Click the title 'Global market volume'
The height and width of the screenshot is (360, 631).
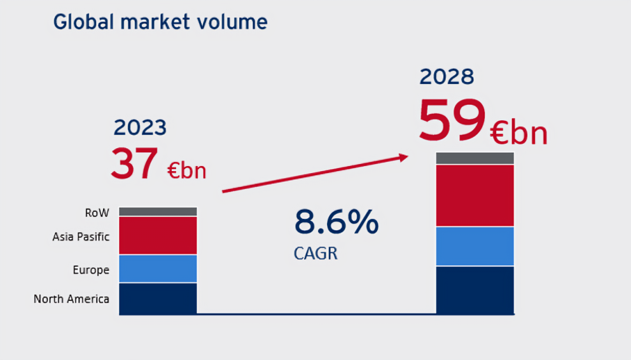tap(160, 22)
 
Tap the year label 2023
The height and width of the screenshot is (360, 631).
tap(140, 128)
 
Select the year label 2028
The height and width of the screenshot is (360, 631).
tap(447, 77)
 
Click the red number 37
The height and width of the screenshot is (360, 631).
tap(134, 163)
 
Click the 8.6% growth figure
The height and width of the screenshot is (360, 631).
tap(336, 223)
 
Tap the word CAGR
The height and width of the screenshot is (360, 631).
tap(315, 254)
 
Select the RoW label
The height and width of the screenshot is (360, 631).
tap(97, 212)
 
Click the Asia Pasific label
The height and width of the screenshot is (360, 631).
tap(81, 237)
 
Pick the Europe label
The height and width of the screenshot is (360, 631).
tap(91, 270)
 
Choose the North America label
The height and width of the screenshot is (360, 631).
tap(71, 299)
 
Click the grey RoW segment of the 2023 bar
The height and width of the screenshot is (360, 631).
tap(158, 211)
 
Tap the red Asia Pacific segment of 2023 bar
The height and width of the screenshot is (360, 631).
tap(158, 235)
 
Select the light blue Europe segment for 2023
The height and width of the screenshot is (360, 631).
tap(158, 268)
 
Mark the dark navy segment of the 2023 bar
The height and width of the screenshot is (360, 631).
tap(158, 298)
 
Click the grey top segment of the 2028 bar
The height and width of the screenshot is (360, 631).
tap(475, 158)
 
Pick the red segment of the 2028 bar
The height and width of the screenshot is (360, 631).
tap(475, 195)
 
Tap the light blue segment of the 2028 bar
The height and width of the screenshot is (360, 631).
tap(475, 246)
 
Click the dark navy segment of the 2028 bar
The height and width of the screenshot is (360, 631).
tap(475, 289)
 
